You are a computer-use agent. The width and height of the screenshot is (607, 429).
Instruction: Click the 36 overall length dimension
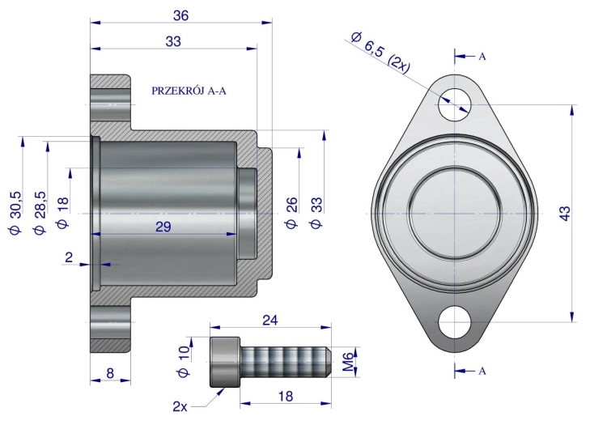(180, 15)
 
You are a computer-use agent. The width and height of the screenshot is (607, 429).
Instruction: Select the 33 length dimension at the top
(173, 41)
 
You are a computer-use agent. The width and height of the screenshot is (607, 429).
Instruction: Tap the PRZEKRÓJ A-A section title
(189, 91)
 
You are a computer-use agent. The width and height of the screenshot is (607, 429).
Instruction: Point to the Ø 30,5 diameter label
(15, 213)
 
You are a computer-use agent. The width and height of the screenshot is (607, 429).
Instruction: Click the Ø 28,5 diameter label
(40, 213)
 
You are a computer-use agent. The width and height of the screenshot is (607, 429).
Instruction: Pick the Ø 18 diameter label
(62, 213)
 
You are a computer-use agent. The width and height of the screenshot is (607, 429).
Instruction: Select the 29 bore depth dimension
(163, 227)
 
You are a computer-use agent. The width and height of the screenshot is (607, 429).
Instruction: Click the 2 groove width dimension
(69, 257)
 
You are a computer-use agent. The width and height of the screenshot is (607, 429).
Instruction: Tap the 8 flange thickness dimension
(110, 373)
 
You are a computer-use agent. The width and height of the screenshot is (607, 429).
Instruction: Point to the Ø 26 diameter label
(291, 213)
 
